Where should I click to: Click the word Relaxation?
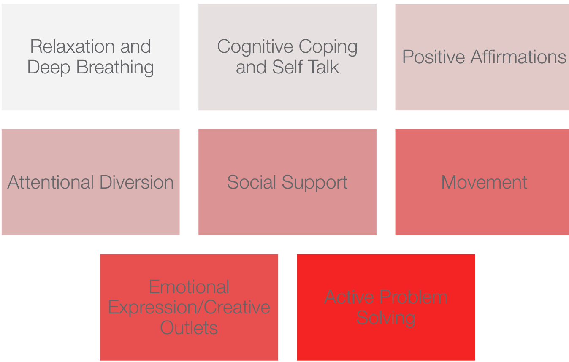(x=73, y=46)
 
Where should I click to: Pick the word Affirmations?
(x=518, y=57)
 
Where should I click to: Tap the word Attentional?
(x=51, y=182)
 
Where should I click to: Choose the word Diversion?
(x=137, y=182)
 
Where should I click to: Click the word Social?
(x=252, y=182)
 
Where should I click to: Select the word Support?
(x=314, y=183)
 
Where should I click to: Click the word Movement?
(x=484, y=182)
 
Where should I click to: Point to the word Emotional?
(x=189, y=287)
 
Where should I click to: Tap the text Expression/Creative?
(x=189, y=308)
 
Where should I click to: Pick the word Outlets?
(x=189, y=328)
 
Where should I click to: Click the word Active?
(x=349, y=297)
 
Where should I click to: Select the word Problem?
(x=414, y=297)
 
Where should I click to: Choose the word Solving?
(x=386, y=318)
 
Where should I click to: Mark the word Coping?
(x=328, y=47)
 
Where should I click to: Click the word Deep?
(x=49, y=68)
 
